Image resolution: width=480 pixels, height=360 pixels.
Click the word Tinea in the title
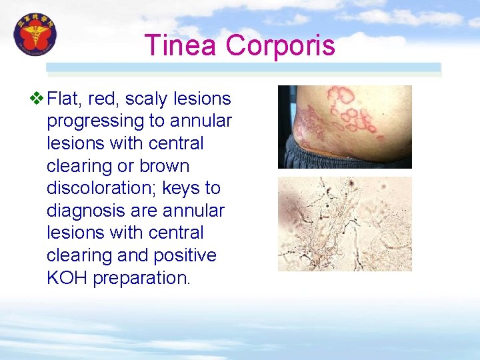point(181,46)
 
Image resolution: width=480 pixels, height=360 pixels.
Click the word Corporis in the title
point(280,46)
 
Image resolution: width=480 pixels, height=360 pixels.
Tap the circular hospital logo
point(36,35)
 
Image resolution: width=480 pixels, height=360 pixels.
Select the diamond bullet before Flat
point(37,99)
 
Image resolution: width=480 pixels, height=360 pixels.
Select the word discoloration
point(94,189)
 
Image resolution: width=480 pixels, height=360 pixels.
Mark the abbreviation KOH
point(67,278)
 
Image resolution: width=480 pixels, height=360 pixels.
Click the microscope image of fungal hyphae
point(345,223)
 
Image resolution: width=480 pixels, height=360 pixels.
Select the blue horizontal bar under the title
point(243,67)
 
